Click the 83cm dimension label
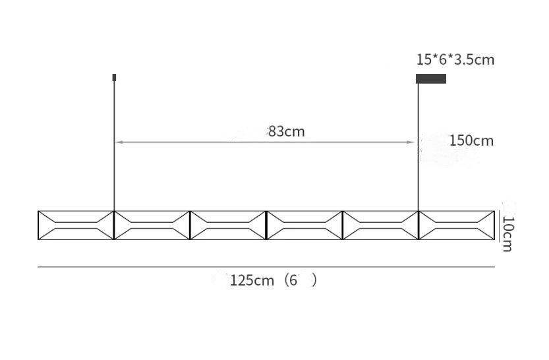(287, 132)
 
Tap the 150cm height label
(471, 141)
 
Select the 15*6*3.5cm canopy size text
(455, 59)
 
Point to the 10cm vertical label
(507, 234)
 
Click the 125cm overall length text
(252, 280)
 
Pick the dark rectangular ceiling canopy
(431, 78)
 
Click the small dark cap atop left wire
(114, 77)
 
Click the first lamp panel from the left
(76, 225)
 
